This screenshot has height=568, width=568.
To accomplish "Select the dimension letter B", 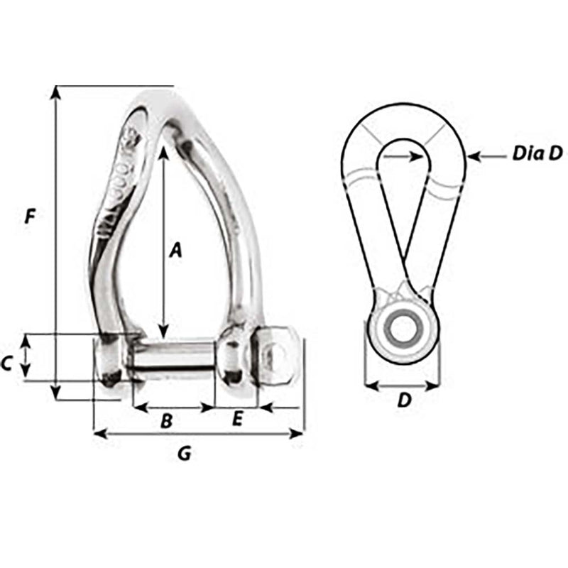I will tap(166, 421).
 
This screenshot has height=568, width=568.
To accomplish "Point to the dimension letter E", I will tap(238, 419).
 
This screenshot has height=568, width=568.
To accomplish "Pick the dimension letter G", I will tap(183, 454).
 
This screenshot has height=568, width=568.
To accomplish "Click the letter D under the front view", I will tap(403, 401).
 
